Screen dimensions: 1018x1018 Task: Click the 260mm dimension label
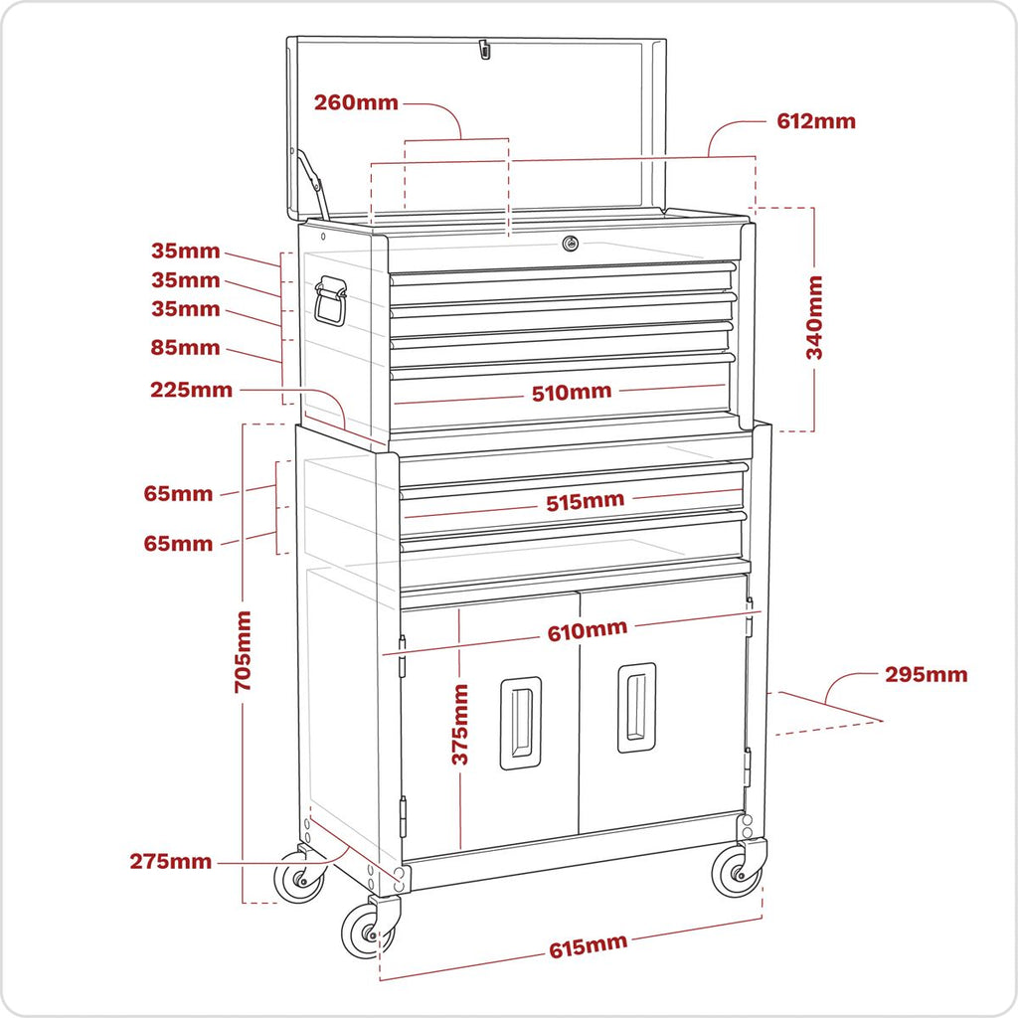point(356,102)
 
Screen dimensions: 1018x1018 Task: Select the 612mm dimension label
point(815,121)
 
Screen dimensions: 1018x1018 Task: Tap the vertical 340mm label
point(814,318)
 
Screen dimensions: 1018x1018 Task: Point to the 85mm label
point(186,348)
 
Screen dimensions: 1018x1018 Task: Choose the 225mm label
point(191,390)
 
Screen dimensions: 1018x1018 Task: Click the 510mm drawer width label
point(572,392)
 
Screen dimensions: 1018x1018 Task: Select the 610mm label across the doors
point(587,629)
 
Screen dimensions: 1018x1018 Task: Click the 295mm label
point(926,675)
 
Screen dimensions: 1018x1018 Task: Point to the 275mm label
point(170,861)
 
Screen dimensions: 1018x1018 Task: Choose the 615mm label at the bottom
point(588,947)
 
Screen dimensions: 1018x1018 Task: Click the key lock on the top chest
point(570,244)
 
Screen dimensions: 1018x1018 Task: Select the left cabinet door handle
point(520,723)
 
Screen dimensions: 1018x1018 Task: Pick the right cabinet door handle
point(636,707)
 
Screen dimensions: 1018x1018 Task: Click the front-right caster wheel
point(737,873)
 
